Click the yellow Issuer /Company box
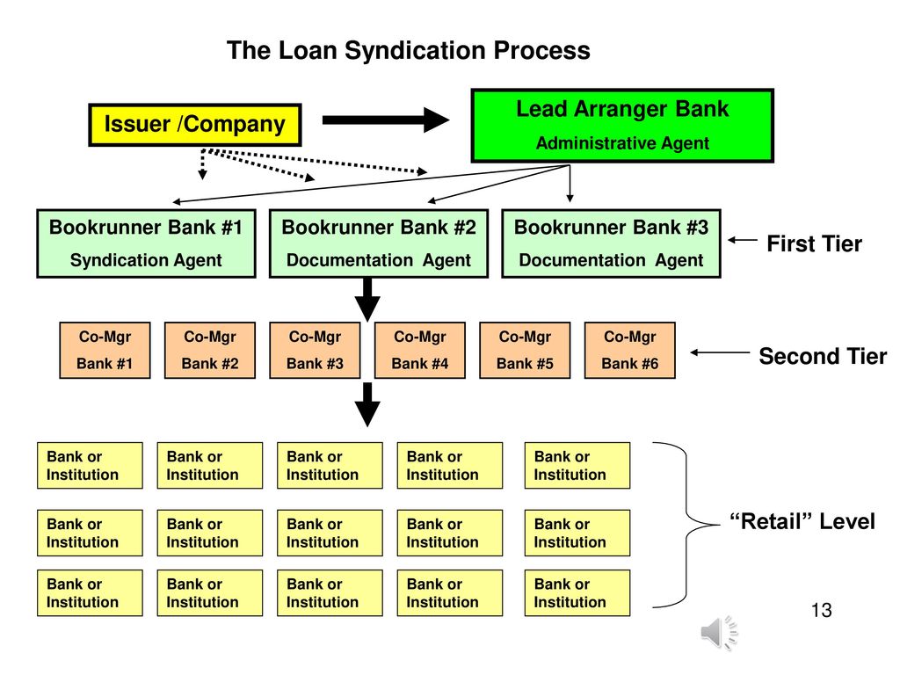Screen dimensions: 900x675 (195, 125)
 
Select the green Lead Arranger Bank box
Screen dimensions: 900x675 (622, 126)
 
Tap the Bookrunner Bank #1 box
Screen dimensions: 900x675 (147, 244)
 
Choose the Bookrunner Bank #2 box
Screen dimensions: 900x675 (379, 244)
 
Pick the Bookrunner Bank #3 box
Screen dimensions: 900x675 (612, 244)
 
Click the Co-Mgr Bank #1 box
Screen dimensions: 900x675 (105, 350)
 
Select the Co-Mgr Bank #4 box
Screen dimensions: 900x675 (420, 350)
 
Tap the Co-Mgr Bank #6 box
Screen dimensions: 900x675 (630, 350)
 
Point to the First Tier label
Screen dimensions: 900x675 (815, 244)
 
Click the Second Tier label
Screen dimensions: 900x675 (823, 357)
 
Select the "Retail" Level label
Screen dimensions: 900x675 (802, 522)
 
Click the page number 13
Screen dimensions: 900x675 (822, 610)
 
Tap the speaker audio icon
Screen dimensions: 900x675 (719, 633)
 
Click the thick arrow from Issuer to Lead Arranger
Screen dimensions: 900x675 (386, 120)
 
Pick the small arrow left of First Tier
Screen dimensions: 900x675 (743, 240)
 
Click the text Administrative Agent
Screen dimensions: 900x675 (623, 143)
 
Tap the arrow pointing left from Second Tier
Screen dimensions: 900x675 (720, 352)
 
